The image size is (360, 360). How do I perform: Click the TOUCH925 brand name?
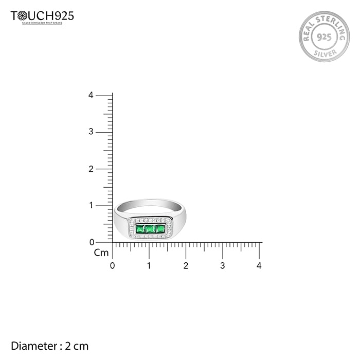point(42,16)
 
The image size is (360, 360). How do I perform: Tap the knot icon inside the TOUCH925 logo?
point(22,16)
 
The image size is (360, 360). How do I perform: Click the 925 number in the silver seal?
point(324,37)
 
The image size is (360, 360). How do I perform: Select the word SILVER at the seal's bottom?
point(324,52)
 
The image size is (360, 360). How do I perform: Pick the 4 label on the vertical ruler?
point(91,95)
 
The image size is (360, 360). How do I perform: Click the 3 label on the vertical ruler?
point(91,132)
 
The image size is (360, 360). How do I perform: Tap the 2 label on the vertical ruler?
point(91,169)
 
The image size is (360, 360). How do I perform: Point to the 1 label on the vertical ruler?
point(91,205)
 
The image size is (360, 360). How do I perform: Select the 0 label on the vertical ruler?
point(91,242)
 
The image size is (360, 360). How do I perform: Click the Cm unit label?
point(101,253)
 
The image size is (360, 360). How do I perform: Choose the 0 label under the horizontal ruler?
point(113,266)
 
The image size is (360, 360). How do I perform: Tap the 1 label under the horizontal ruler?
point(149,266)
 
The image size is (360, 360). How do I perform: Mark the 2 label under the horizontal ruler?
point(186,266)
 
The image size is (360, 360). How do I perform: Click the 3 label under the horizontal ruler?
point(223,266)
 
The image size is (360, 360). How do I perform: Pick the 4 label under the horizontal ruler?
point(259,266)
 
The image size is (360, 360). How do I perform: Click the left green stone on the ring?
point(140,228)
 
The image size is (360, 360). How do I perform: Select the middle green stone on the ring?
point(150,228)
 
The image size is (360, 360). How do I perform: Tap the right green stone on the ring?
point(160,228)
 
